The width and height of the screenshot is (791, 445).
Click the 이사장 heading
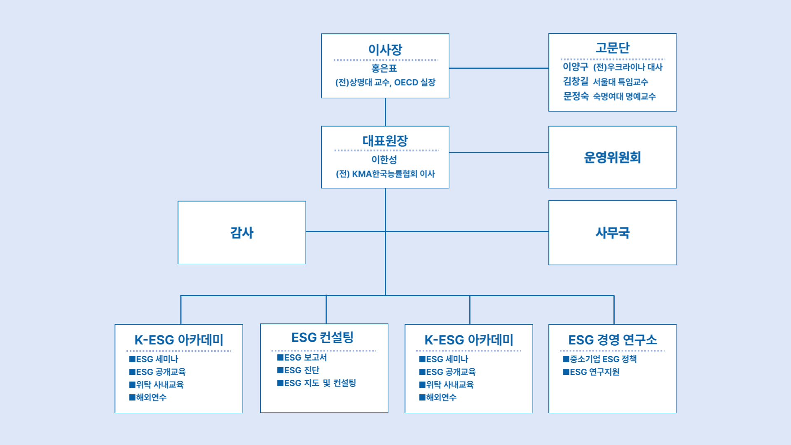[x=385, y=49]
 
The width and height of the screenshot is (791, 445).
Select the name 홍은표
[x=384, y=68]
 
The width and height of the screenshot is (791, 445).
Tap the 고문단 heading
[x=612, y=48]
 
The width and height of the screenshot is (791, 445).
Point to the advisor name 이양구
[x=576, y=66]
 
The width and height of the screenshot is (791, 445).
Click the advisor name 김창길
[x=576, y=81]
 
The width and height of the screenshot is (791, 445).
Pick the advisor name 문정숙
[x=576, y=96]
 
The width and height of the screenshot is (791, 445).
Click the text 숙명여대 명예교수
[x=624, y=96]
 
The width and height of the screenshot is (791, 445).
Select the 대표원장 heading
[x=385, y=141]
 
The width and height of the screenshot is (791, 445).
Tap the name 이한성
[x=384, y=159]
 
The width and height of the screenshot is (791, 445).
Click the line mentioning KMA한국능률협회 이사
[x=385, y=174]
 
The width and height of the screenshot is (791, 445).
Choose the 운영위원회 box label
[x=612, y=157]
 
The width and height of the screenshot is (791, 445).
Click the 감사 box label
[x=242, y=232]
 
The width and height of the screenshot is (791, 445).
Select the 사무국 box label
[x=612, y=233]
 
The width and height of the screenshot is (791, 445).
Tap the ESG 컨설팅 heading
[x=322, y=337]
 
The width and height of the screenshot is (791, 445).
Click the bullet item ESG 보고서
[x=302, y=358]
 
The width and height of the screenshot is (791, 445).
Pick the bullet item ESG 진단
[x=298, y=370]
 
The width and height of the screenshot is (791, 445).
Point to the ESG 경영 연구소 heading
[x=612, y=340]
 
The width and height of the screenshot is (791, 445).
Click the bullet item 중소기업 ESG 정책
[x=600, y=359]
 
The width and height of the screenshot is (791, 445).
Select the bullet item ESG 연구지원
[x=591, y=372]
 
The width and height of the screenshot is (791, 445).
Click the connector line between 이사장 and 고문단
[x=499, y=68]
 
